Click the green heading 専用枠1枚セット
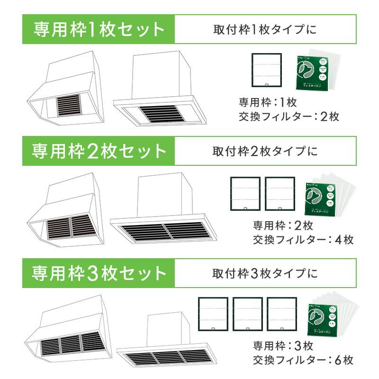coord(99,29)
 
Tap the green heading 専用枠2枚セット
coord(99,151)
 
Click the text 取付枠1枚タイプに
coord(264,29)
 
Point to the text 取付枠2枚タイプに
coord(264,151)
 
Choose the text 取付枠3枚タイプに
coord(264,273)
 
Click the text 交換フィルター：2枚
coord(289,116)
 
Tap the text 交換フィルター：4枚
coord(303,239)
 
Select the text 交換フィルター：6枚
coord(303,360)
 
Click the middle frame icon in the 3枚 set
coord(248,314)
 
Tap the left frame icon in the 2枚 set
coord(245,193)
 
